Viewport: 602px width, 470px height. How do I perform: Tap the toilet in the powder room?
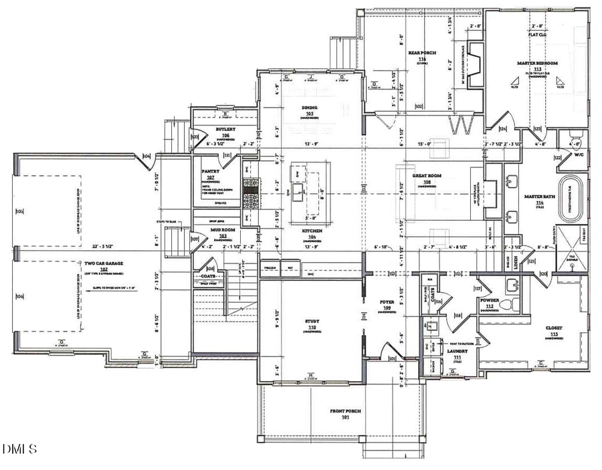tap(514, 304)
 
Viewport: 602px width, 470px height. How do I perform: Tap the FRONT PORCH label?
tap(346, 413)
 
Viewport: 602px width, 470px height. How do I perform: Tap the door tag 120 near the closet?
tap(542, 273)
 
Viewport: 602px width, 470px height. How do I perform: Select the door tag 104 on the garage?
tap(146, 158)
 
